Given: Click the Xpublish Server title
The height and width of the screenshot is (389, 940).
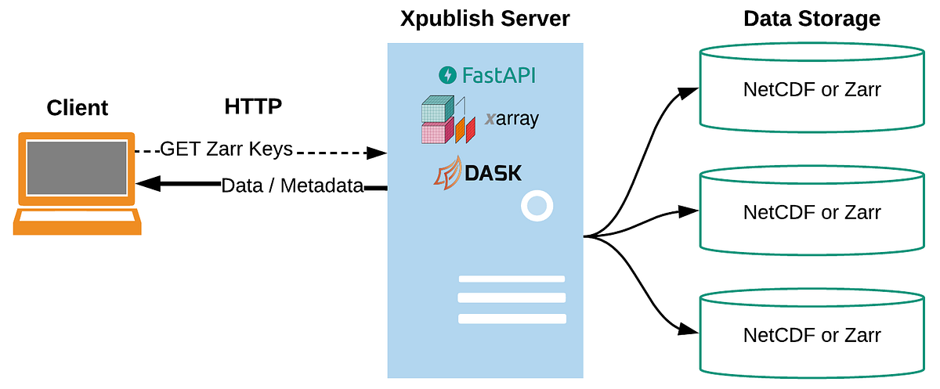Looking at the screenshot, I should click(x=485, y=19).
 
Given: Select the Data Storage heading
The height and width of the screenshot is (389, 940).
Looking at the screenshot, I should click(x=812, y=19).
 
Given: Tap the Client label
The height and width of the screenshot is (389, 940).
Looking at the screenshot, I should click(x=78, y=108).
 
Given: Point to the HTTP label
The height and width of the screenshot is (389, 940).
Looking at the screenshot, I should click(x=253, y=106).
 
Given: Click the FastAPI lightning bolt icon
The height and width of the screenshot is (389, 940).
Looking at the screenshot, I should click(x=447, y=75).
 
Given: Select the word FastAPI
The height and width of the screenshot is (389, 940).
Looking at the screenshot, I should click(x=499, y=76).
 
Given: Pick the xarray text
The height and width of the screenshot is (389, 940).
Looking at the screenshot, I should click(x=512, y=119).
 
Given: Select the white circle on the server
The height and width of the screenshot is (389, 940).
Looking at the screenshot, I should click(x=537, y=207).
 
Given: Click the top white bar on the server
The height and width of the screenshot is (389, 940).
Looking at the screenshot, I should click(x=512, y=279).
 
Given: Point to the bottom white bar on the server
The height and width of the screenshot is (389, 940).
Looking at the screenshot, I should click(x=512, y=319).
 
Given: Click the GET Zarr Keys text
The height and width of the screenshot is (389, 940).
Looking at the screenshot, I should click(x=226, y=149).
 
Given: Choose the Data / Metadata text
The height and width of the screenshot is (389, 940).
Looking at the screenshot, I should click(x=292, y=185).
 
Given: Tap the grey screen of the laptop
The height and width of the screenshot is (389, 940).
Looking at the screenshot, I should click(x=77, y=167).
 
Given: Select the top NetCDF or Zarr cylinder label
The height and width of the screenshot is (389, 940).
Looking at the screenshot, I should click(x=812, y=89).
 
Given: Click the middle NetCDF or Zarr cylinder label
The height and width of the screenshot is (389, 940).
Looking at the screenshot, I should click(x=812, y=212).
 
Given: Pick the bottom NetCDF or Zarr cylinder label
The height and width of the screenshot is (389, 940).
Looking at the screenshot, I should click(x=812, y=336).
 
